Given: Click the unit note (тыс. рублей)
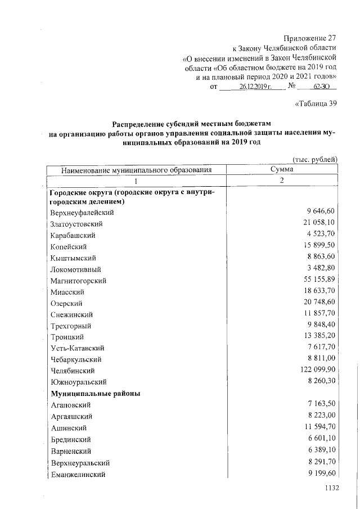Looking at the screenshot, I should pos(315,159).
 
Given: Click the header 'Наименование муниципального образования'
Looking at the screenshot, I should pos(136,169).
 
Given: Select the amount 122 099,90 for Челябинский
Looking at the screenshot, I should pos(316,371).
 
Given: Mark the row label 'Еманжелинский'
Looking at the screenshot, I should pos(78,474).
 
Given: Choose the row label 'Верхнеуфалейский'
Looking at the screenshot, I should pos(82,212).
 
